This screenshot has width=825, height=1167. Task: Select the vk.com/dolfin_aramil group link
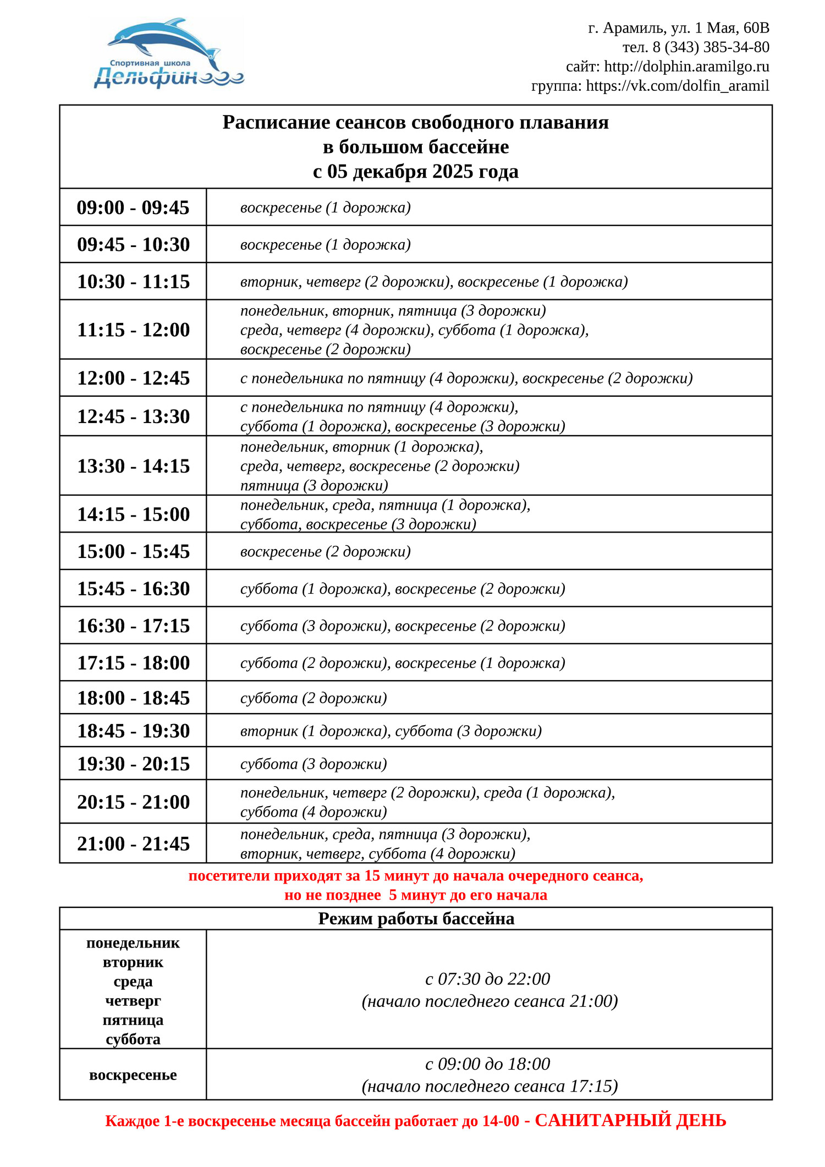click(x=677, y=86)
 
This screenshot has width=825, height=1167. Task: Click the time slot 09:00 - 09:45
click(x=133, y=207)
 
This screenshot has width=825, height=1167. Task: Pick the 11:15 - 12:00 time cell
click(x=133, y=330)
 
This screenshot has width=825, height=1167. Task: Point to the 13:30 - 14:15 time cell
click(x=133, y=466)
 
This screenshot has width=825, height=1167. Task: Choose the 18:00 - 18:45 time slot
click(x=133, y=698)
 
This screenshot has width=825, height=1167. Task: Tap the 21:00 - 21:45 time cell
click(x=133, y=843)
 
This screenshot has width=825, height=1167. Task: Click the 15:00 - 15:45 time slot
click(x=133, y=551)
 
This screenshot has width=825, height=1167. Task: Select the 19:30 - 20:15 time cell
click(x=133, y=764)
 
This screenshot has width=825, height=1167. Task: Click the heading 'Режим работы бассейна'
click(x=416, y=918)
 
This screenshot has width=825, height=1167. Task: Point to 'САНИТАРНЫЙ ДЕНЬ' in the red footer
click(x=630, y=1120)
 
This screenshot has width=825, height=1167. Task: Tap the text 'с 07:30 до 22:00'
click(x=488, y=978)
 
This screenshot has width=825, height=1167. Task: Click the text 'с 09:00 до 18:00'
click(x=488, y=1064)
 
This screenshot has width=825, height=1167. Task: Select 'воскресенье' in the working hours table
click(x=133, y=1075)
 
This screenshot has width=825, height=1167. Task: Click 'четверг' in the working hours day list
click(x=133, y=1000)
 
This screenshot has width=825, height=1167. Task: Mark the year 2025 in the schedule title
click(x=452, y=172)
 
